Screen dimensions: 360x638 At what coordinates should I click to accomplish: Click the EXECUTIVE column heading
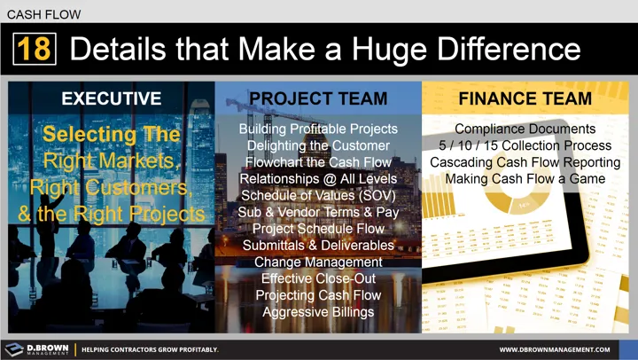[111, 98]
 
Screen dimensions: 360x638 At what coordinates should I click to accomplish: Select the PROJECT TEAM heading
[318, 98]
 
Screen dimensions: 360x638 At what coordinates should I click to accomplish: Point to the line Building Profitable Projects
[318, 129]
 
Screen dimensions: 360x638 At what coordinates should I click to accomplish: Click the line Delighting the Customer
[318, 145]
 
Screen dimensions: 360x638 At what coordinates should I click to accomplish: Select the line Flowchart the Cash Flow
[318, 162]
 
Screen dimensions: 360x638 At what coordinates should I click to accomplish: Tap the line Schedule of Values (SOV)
[318, 195]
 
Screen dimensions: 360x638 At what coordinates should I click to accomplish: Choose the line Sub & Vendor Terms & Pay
[318, 212]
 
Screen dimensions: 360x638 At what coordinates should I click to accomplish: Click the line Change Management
[318, 262]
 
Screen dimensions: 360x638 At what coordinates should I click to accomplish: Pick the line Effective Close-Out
[318, 278]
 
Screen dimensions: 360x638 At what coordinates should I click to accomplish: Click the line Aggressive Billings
[318, 312]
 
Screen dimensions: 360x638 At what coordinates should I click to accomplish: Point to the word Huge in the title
[369, 50]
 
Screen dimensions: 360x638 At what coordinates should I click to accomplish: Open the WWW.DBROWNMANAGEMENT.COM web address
[567, 349]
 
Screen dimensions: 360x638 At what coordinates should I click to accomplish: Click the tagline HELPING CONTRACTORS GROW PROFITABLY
[150, 349]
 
